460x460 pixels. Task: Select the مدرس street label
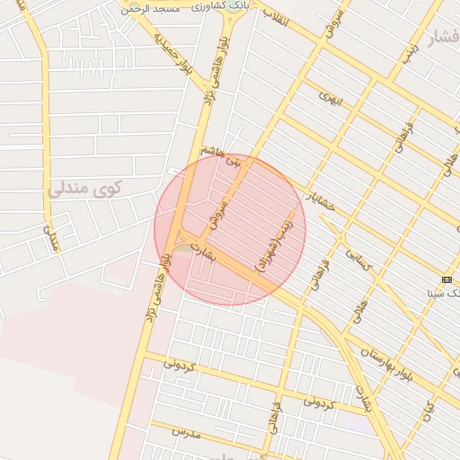pos(185,433)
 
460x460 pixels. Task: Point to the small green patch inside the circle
pos(183,247)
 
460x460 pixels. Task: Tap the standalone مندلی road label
pos(52,239)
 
